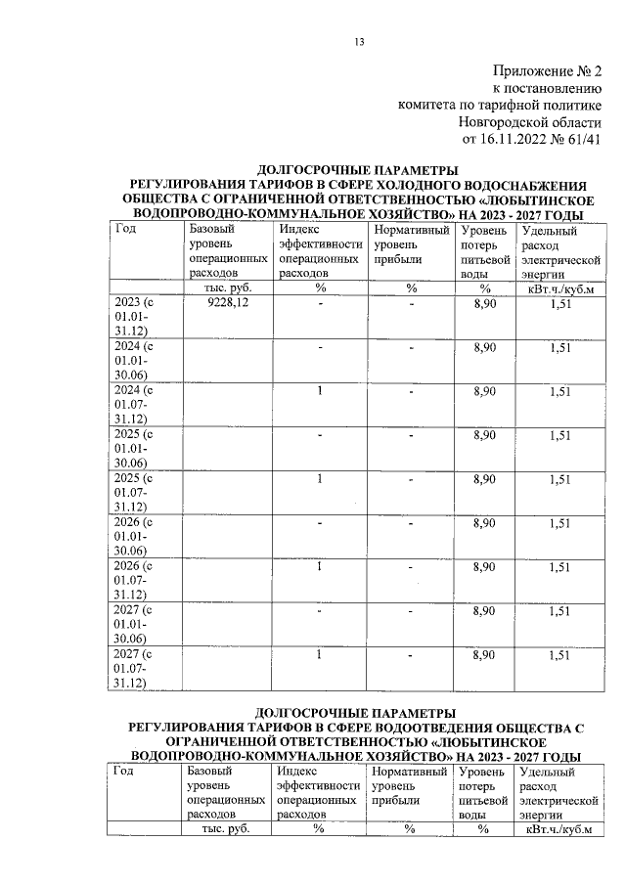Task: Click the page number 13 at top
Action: tap(359, 41)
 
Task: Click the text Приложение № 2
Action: tap(547, 70)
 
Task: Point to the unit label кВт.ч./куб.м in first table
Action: tap(560, 288)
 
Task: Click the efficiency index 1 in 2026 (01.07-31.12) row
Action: tap(319, 566)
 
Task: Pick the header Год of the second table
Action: tap(124, 772)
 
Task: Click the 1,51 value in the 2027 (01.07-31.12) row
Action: tap(559, 654)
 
